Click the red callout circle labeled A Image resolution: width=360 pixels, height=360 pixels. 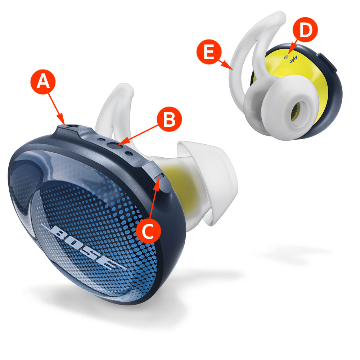[43, 82]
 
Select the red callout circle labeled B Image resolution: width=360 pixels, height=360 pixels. [169, 119]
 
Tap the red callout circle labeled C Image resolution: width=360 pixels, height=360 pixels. [148, 231]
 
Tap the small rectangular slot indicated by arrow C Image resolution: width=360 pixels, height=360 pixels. [160, 176]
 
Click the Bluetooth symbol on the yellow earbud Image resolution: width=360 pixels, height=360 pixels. [293, 59]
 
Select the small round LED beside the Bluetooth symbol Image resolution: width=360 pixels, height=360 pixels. [286, 57]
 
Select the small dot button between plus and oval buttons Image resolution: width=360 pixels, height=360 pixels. [100, 139]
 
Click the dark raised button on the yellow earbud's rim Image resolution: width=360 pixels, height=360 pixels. [327, 62]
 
